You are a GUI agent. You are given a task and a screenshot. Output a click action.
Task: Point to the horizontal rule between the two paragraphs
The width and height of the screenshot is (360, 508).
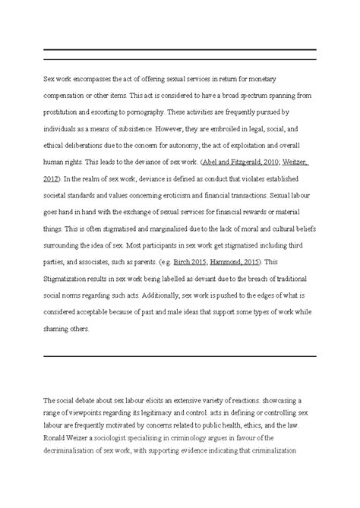[x=179, y=355]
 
